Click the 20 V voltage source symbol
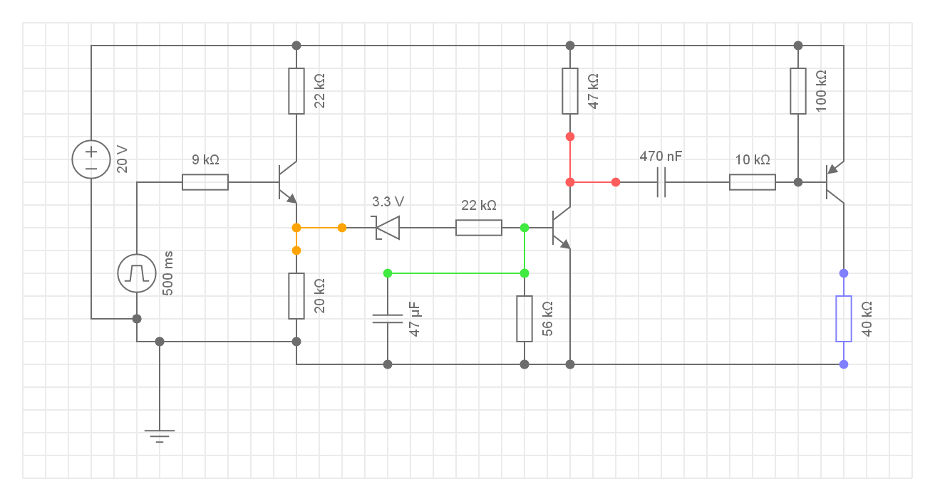91,159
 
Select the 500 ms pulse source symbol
136,273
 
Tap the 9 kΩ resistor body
205,182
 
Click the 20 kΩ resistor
296,296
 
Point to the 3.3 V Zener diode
387,228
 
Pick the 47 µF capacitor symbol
388,319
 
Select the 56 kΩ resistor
525,319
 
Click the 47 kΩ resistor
570,91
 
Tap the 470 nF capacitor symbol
661,182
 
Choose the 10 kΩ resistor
753,182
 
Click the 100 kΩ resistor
798,91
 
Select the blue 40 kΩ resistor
844,319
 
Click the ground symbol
160,434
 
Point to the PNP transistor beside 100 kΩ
834,182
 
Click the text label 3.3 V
388,201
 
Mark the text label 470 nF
661,156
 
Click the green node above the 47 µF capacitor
388,273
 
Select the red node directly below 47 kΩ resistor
570,137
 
